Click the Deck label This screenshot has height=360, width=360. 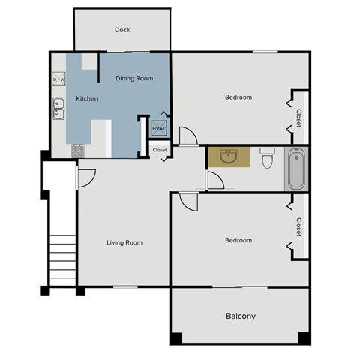(122, 30)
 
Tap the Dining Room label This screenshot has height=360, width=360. (134, 78)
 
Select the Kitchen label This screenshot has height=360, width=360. (88, 98)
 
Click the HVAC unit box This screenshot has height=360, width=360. (159, 129)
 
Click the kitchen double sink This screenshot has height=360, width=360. (58, 109)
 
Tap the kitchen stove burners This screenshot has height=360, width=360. (77, 150)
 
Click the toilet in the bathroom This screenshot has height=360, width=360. (267, 159)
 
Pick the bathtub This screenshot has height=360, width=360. (296, 168)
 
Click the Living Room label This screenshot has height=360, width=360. (124, 242)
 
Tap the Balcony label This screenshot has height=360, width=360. (241, 316)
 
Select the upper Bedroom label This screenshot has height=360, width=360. (238, 97)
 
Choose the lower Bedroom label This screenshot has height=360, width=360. (238, 241)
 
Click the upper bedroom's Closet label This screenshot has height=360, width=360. (298, 117)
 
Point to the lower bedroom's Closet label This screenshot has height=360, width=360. (298, 226)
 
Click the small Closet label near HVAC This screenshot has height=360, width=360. (160, 150)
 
